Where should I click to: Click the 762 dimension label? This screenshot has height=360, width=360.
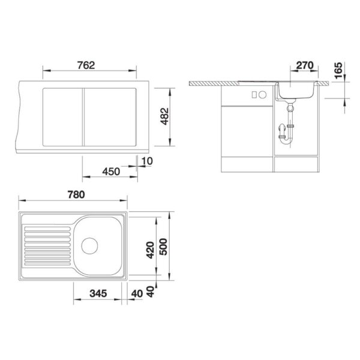click(x=86, y=65)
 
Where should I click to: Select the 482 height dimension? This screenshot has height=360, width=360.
click(x=164, y=116)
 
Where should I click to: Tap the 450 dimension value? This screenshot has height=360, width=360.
click(x=111, y=172)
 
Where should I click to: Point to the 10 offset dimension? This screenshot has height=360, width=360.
click(x=147, y=161)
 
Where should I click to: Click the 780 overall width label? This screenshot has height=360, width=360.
click(x=76, y=194)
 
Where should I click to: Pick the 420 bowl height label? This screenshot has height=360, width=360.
click(x=151, y=250)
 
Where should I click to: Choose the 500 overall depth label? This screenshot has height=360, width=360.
click(x=164, y=247)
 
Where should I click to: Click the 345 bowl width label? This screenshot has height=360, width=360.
click(x=98, y=293)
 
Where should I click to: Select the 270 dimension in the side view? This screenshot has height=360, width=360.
click(x=305, y=65)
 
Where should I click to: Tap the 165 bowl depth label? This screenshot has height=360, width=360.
click(x=338, y=70)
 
